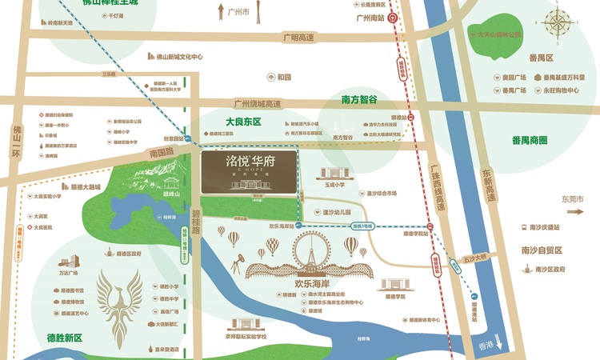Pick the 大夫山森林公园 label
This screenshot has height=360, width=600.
coord(499,34)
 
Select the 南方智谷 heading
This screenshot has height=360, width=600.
coord(359,101)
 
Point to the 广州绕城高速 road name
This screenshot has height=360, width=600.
coord(257,103)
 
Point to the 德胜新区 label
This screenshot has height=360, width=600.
coord(64,338)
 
